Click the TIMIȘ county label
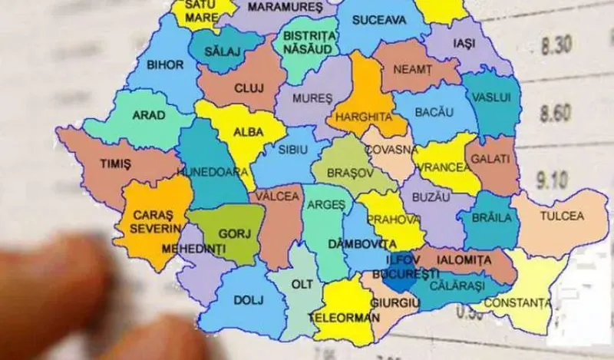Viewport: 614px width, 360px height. (115, 164)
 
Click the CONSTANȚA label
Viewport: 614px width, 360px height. (517, 303)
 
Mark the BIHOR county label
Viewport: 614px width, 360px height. (165, 65)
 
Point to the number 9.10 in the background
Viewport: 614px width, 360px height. (553, 181)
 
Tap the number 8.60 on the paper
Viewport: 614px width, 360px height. (555, 114)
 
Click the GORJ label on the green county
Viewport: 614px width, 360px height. (230, 232)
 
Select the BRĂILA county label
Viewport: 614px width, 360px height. (491, 218)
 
